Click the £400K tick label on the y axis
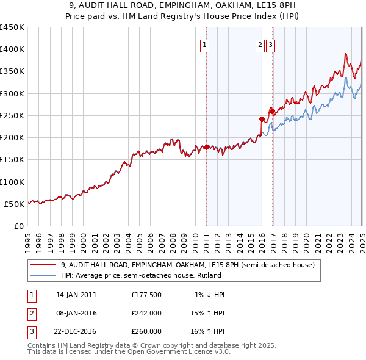click(12, 49)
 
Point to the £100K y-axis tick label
click(12, 182)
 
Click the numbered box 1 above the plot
click(204, 44)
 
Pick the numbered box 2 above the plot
click(260, 44)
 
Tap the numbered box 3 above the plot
click(270, 44)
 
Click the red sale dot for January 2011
click(206, 147)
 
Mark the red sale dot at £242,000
click(262, 119)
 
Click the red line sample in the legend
click(43, 265)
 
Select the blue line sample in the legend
click(43, 275)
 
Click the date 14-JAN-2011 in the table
click(76, 295)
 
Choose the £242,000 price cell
click(146, 313)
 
